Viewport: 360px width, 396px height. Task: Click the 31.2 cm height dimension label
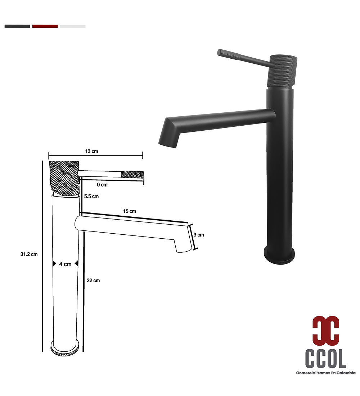tap(29, 254)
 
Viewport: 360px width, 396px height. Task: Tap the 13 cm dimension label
tap(91, 151)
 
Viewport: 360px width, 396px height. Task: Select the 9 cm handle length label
tap(102, 185)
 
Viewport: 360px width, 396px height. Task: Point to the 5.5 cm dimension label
tap(91, 196)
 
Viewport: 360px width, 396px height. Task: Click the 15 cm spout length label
tap(129, 211)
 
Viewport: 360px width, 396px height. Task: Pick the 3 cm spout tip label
tap(199, 235)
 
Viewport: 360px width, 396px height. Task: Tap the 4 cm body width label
tap(65, 264)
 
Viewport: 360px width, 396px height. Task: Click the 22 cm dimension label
tap(93, 280)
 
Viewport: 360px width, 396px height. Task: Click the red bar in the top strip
tap(45, 26)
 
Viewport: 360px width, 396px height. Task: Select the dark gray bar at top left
tap(17, 26)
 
